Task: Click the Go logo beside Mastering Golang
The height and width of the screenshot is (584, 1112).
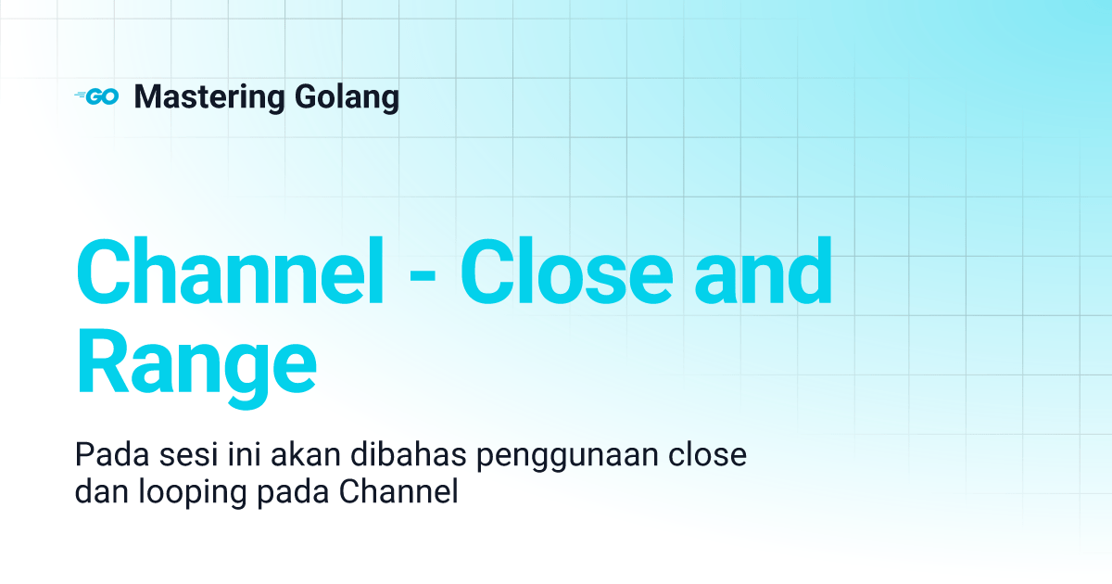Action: pos(96,96)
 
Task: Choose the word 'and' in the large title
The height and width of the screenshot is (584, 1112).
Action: pos(773,270)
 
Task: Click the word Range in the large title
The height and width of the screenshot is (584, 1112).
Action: pos(196,367)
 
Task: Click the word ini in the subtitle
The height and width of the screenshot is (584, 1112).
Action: pos(227,457)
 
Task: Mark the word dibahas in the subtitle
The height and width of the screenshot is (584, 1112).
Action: pos(365,457)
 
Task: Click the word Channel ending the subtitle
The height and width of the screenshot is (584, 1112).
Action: pos(399,492)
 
